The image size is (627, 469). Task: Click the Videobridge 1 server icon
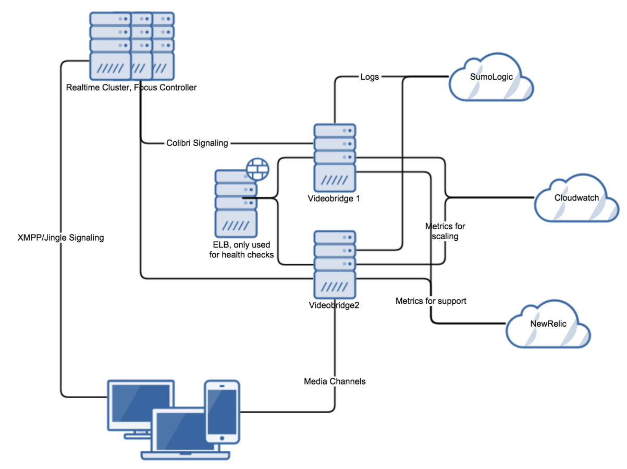(x=335, y=158)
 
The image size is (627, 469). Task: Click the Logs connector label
(x=370, y=77)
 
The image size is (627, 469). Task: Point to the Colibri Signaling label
(x=197, y=143)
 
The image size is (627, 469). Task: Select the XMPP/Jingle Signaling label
(x=60, y=238)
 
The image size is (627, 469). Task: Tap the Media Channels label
(x=335, y=381)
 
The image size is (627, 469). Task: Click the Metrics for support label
(x=431, y=301)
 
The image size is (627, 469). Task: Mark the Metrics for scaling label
(x=445, y=231)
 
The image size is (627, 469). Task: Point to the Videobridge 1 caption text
(x=335, y=199)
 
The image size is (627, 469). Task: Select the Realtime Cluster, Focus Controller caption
(x=131, y=88)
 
